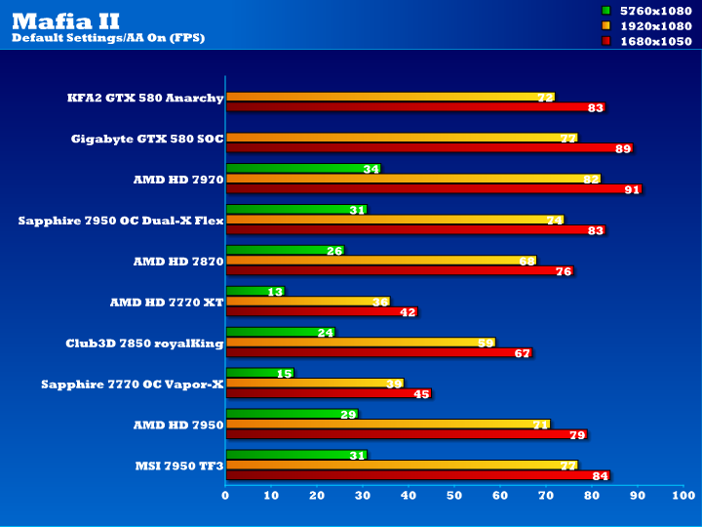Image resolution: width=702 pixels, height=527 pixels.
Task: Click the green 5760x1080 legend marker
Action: click(605, 10)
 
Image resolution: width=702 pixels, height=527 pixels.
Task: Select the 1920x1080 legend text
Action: click(656, 25)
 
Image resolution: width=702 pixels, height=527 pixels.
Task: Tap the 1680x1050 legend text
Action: click(656, 41)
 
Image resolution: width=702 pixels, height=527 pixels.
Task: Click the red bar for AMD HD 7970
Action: click(434, 189)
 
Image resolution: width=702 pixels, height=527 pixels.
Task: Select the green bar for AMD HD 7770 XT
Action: click(254, 291)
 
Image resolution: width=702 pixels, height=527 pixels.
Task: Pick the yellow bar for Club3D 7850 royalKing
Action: click(360, 342)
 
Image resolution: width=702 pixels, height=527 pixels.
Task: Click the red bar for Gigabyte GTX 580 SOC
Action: click(429, 148)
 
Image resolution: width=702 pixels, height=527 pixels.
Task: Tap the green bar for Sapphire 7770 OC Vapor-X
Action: click(259, 373)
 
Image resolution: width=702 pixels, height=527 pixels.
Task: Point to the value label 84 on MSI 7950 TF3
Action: click(601, 476)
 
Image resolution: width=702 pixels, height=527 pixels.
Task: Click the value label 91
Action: click(633, 189)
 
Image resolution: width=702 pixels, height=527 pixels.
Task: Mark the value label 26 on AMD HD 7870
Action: click(334, 251)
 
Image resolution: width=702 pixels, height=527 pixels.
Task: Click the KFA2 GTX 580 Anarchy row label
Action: click(145, 98)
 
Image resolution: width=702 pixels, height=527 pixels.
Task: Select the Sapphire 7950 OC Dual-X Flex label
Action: click(121, 221)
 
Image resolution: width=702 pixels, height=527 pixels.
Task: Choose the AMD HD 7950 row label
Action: click(178, 426)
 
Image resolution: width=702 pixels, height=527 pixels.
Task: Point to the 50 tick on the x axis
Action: click(454, 497)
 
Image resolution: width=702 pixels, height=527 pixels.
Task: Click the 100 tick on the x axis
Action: click(682, 497)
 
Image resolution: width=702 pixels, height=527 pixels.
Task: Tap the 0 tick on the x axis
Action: click(225, 497)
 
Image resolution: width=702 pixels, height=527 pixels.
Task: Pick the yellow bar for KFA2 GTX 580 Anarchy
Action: click(390, 97)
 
